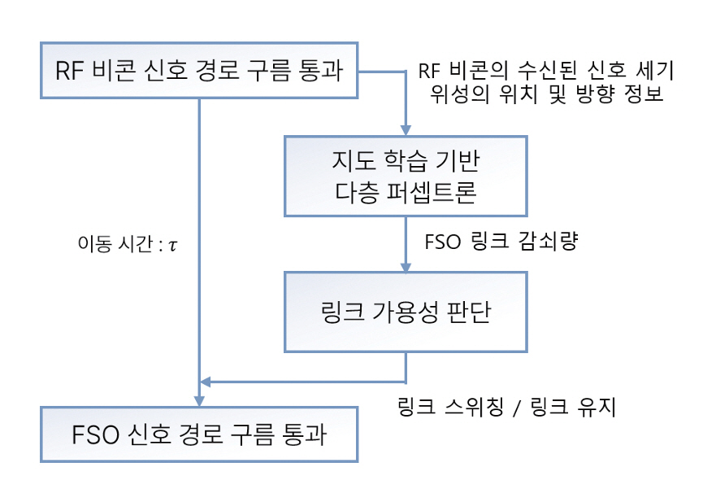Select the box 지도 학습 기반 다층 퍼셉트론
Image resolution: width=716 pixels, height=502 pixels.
(405, 175)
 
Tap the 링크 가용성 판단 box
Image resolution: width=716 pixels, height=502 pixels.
(405, 312)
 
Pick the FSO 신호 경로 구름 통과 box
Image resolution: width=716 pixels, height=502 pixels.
(200, 435)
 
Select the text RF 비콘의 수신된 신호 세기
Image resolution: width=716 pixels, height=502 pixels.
(545, 71)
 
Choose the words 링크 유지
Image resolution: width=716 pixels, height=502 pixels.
(577, 407)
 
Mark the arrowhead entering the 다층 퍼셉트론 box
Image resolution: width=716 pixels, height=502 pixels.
(406, 129)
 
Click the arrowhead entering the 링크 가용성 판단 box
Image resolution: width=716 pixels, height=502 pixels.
(406, 265)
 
